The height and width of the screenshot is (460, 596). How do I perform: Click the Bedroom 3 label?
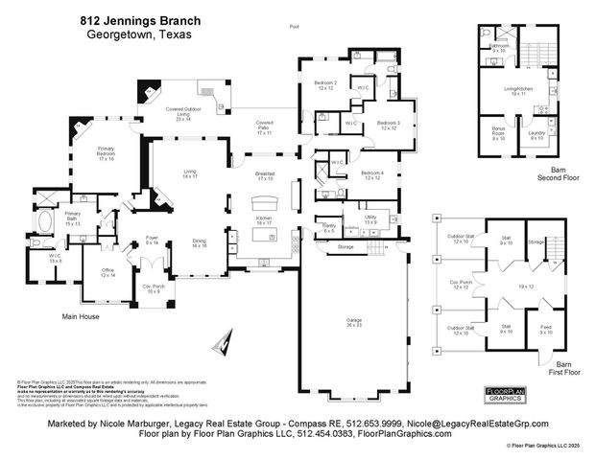pyautogui.click(x=388, y=125)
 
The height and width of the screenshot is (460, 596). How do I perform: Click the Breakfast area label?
pyautogui.click(x=266, y=176)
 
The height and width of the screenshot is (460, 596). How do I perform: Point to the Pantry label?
pyautogui.click(x=328, y=227)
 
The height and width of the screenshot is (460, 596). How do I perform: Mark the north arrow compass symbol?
pyautogui.click(x=226, y=341)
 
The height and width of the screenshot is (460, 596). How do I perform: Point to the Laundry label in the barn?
pyautogui.click(x=536, y=134)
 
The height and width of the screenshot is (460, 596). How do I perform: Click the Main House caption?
pyautogui.click(x=82, y=315)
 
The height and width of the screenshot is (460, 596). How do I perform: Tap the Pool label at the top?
pyautogui.click(x=294, y=27)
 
